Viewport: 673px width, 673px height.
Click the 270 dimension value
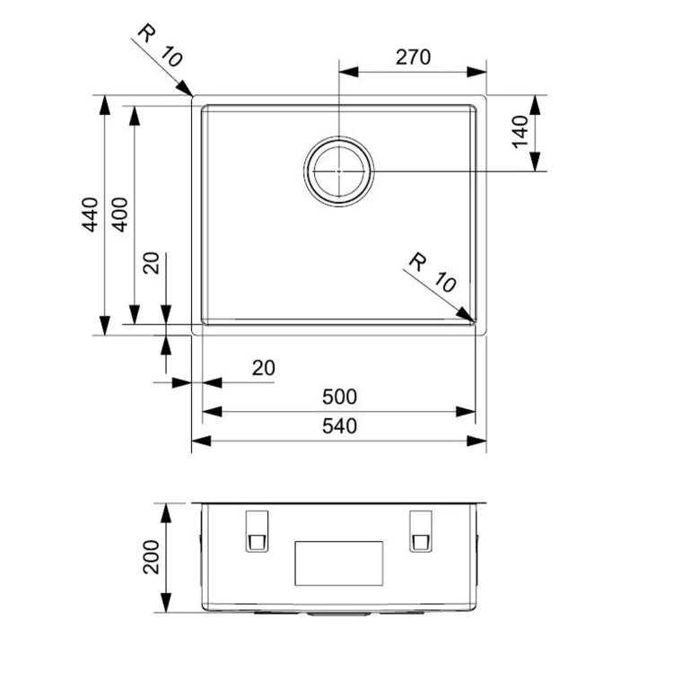[413, 57]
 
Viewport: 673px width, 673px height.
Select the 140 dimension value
[520, 131]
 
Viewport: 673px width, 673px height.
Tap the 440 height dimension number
[90, 214]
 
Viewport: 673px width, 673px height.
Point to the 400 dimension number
[119, 214]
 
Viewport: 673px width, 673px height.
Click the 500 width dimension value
[339, 397]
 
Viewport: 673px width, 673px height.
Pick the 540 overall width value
[339, 426]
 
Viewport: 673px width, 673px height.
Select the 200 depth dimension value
[151, 557]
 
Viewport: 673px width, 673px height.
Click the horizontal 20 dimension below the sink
[264, 368]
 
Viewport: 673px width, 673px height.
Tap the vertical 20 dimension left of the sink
[152, 263]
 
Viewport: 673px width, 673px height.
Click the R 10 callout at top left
[161, 46]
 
